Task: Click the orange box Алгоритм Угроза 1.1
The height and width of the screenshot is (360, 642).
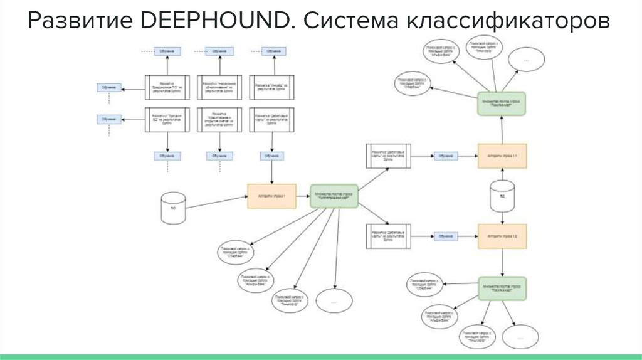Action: (x=502, y=155)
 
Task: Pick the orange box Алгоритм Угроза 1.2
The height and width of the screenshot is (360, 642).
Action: (x=502, y=236)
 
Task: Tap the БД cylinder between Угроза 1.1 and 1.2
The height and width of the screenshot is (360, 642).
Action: (x=502, y=195)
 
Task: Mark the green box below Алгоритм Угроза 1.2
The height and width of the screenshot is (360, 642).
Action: (x=502, y=289)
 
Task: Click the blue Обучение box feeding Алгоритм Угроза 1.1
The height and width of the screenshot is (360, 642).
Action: (x=445, y=155)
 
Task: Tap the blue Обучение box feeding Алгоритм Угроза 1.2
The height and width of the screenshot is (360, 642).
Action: (x=445, y=236)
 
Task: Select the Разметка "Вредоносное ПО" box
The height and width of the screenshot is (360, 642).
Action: (x=167, y=87)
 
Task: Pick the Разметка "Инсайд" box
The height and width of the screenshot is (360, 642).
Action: (x=271, y=87)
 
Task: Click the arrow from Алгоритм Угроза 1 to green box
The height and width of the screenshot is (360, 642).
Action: (x=303, y=197)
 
